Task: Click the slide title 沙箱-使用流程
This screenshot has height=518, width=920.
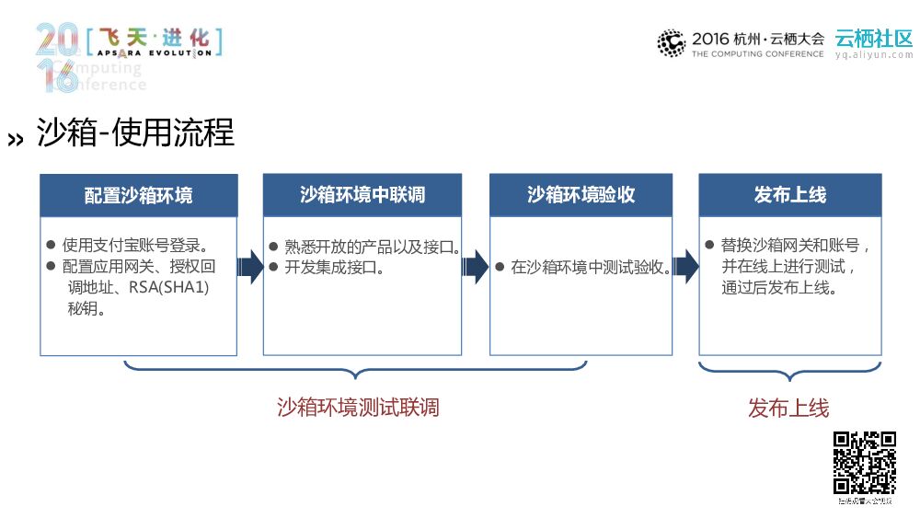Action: [x=135, y=133]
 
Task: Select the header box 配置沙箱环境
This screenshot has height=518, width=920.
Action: [x=139, y=195]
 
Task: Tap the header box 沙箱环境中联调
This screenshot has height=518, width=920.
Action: [x=362, y=195]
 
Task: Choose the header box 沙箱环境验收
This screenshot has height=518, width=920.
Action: [x=581, y=195]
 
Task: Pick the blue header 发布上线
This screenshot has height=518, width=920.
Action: [x=790, y=195]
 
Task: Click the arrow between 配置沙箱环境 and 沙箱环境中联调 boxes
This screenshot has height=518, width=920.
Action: [x=250, y=268]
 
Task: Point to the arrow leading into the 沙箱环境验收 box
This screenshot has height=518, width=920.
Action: [x=476, y=268]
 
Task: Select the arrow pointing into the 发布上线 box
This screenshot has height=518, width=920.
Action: [x=686, y=268]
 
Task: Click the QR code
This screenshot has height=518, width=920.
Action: [x=865, y=463]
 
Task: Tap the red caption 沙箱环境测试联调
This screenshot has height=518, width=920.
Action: [x=358, y=407]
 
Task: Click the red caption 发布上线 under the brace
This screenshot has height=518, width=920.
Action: [x=788, y=408]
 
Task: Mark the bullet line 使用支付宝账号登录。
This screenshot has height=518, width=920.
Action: [x=134, y=246]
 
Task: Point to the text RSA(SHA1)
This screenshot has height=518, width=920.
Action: [x=169, y=288]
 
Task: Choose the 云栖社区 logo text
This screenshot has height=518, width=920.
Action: [x=873, y=39]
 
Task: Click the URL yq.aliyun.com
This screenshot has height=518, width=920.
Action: [x=873, y=54]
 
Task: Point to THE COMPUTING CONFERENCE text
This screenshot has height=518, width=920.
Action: [x=757, y=54]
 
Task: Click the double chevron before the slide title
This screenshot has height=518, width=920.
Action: [x=16, y=139]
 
